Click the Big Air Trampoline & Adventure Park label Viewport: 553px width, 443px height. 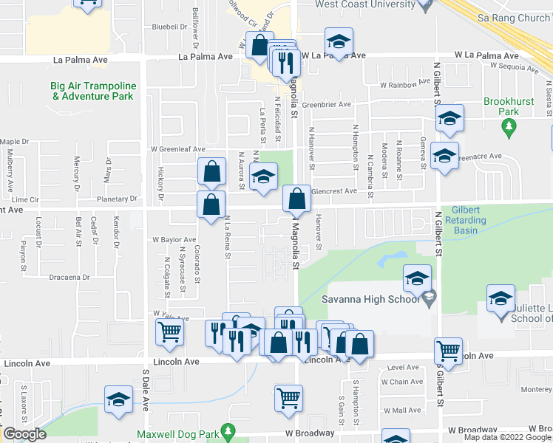(x=92, y=91)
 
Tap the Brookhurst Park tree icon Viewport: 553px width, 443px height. (x=508, y=127)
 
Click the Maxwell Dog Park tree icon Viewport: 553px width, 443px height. (x=229, y=430)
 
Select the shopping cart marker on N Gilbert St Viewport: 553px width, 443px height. (x=448, y=350)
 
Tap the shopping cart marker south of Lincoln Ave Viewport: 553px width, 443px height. (x=288, y=397)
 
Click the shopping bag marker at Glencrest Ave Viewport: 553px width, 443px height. (x=296, y=197)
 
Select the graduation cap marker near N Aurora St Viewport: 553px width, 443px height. (x=263, y=176)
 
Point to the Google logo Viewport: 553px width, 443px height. (x=24, y=434)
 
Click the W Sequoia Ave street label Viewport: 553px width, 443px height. (x=512, y=68)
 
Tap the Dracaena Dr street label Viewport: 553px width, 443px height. (x=71, y=278)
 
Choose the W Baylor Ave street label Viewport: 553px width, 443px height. (x=174, y=239)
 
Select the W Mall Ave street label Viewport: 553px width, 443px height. (x=402, y=411)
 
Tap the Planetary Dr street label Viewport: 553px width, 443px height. (x=118, y=199)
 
